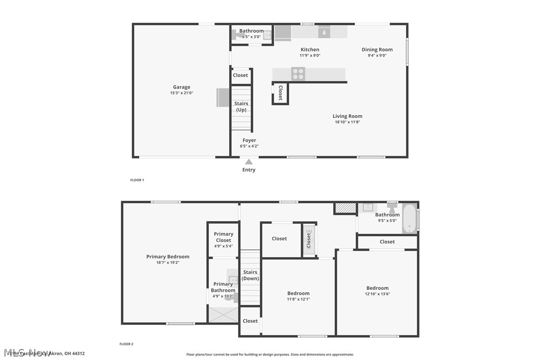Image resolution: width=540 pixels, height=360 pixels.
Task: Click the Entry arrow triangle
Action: pos(249,162)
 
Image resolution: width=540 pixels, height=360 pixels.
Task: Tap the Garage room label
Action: pos(181,88)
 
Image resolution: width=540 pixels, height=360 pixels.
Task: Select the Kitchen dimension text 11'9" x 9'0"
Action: pos(310,55)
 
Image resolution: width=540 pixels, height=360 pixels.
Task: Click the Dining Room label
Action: pos(377,49)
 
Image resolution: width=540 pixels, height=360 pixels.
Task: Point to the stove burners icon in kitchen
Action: pos(298,74)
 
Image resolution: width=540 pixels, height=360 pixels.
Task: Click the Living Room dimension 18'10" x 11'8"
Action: pos(348,122)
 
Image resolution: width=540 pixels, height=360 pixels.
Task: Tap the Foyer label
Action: pos(249,140)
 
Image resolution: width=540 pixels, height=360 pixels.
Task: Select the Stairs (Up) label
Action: pos(241,106)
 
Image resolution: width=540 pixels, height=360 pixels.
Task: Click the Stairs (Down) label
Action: pos(250,275)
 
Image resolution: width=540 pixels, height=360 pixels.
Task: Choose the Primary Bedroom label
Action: pos(168,257)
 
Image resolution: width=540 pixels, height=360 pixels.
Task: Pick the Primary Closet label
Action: pos(223,237)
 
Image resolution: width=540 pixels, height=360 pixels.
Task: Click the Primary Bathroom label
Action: pos(223,287)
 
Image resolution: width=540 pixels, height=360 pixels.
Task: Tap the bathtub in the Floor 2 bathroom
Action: pos(409,219)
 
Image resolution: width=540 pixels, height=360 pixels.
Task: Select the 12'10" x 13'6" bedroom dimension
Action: pos(377,294)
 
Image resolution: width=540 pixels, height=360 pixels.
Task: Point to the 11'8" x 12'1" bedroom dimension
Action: pos(298,299)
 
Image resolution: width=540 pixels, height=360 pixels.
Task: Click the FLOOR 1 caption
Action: pos(137,180)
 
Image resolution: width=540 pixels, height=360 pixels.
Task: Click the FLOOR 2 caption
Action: pos(126,344)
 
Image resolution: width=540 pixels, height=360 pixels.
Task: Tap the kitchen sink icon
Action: pos(324,31)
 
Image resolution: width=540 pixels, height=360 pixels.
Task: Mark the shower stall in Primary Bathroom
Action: pos(223,315)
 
